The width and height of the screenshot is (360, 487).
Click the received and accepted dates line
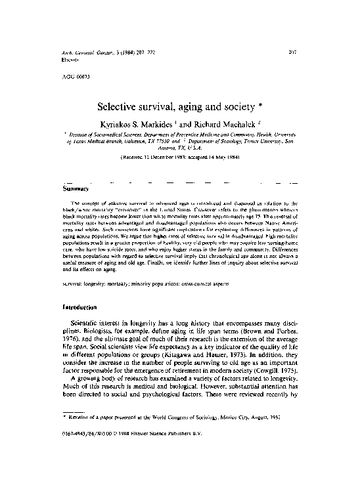(x=179, y=158)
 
